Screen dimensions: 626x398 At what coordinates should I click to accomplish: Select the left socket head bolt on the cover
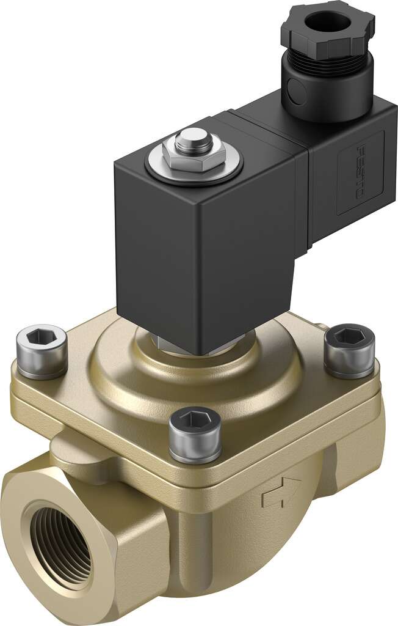pyautogui.click(x=42, y=352)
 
